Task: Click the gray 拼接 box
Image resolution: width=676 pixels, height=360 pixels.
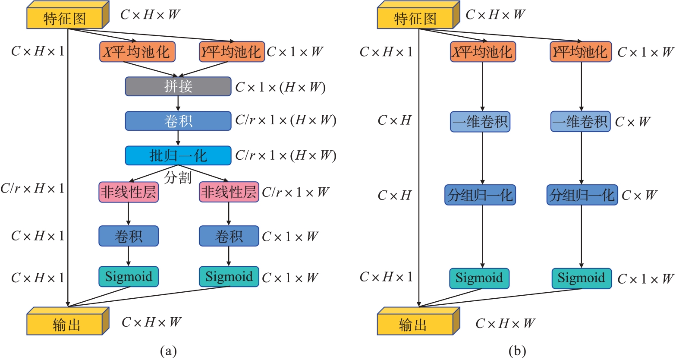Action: [x=178, y=86]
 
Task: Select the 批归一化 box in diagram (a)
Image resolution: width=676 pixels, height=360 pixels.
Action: [x=178, y=155]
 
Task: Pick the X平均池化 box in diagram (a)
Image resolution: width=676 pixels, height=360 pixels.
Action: [x=138, y=52]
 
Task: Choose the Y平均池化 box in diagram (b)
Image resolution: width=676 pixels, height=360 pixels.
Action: [x=581, y=52]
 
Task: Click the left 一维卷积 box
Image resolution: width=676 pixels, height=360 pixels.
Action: [x=480, y=122]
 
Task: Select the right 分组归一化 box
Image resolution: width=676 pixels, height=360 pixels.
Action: [x=582, y=195]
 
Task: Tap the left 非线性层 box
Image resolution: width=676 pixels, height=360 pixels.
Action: [x=128, y=193]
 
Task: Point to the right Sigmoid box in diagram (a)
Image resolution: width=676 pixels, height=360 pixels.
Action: [x=229, y=277]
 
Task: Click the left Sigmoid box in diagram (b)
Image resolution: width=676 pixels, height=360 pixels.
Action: [x=479, y=278]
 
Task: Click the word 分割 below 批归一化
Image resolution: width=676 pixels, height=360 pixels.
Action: [x=178, y=177]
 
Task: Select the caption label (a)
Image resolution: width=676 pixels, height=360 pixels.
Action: [x=168, y=351]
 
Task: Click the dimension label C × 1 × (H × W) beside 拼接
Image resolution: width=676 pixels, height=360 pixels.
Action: [x=280, y=87]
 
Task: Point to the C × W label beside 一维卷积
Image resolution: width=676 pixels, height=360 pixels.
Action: [x=632, y=122]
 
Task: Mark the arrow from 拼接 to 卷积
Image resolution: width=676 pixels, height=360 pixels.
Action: [x=178, y=104]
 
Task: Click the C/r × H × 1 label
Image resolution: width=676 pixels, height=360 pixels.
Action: [x=32, y=189]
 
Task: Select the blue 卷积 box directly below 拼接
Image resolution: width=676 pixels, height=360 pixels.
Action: [x=178, y=121]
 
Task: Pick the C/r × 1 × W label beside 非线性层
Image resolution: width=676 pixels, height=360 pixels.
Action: [x=296, y=192]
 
